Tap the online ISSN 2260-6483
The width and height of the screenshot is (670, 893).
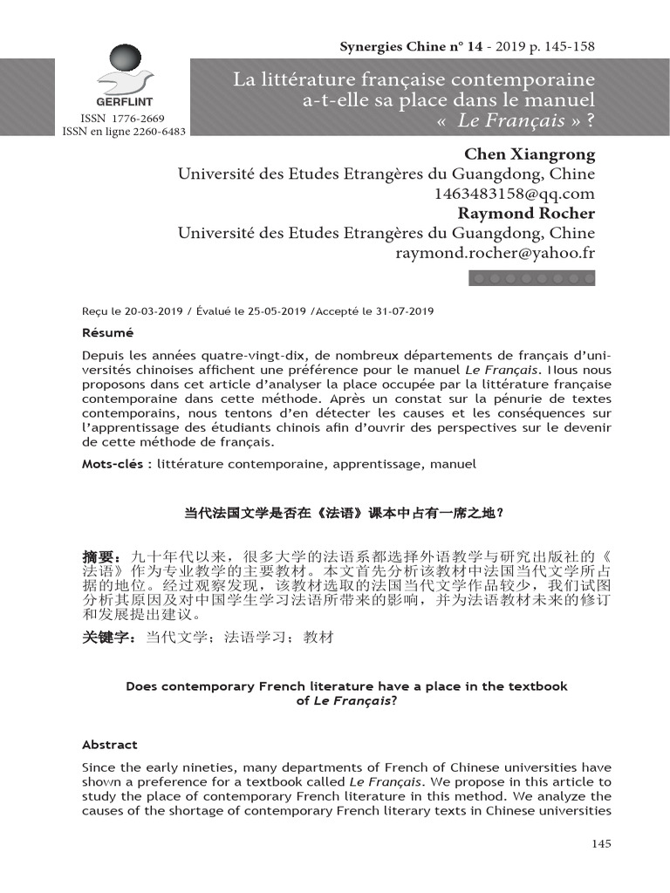click(x=154, y=132)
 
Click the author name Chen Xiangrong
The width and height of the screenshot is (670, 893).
click(x=530, y=154)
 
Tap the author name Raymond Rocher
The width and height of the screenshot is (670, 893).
click(x=527, y=214)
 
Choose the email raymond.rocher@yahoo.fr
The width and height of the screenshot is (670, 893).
click(x=496, y=253)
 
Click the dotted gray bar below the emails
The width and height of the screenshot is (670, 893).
click(x=532, y=278)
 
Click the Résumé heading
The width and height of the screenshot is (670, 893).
click(x=107, y=333)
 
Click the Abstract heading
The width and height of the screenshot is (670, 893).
click(x=110, y=745)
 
